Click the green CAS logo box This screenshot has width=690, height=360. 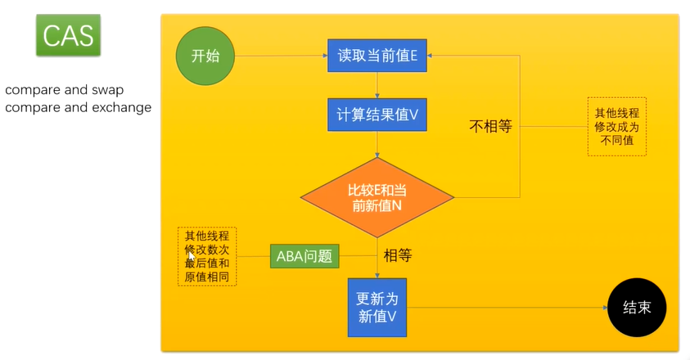[x=68, y=35]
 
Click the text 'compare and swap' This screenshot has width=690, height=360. [x=65, y=90]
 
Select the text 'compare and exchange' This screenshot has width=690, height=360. [x=79, y=107]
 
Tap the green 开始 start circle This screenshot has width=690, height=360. [x=205, y=56]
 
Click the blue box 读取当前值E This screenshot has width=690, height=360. [x=377, y=56]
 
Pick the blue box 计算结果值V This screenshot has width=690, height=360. [x=377, y=114]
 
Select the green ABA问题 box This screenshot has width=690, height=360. [x=304, y=255]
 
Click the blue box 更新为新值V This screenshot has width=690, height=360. [x=377, y=307]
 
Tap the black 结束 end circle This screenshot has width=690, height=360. [x=637, y=308]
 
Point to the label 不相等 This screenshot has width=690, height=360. [x=489, y=127]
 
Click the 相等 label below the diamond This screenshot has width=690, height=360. [x=398, y=255]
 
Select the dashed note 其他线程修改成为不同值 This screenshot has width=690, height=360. [x=616, y=126]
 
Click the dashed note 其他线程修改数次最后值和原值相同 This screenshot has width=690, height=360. [x=207, y=256]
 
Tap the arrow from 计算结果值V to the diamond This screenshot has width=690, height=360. [x=377, y=144]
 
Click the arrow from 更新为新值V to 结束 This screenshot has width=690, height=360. [x=507, y=308]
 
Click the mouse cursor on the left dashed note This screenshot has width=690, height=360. [x=192, y=255]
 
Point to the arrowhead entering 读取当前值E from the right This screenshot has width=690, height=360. [x=431, y=56]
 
